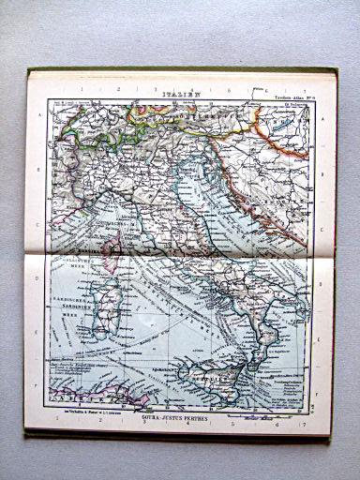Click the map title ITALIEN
178,93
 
